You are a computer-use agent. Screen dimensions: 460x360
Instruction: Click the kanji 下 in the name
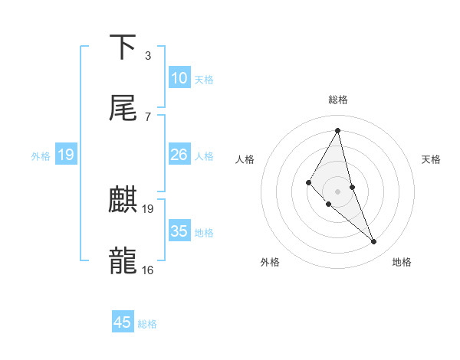(x=123, y=47)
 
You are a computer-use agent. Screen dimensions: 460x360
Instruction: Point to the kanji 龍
(x=123, y=260)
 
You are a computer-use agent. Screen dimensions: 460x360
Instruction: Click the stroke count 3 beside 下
(x=147, y=56)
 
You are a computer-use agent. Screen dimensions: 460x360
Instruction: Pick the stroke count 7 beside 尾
(x=147, y=116)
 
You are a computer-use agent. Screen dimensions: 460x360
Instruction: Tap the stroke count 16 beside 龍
(x=147, y=270)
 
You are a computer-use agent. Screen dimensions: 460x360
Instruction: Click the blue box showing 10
(x=179, y=78)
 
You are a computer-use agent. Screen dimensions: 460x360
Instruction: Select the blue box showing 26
(x=179, y=155)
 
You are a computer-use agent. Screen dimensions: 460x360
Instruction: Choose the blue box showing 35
(x=179, y=231)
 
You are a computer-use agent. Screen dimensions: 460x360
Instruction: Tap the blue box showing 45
(x=123, y=322)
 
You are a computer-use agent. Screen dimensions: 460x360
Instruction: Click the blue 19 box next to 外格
(x=66, y=155)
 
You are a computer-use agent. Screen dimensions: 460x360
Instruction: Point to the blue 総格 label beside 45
(x=147, y=324)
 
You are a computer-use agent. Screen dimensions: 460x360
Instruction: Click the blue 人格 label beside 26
(x=204, y=156)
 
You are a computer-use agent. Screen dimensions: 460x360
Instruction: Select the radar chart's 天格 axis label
(x=432, y=159)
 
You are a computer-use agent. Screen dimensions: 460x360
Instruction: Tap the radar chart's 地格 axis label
(x=402, y=262)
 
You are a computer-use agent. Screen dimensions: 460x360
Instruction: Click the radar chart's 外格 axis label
(x=270, y=262)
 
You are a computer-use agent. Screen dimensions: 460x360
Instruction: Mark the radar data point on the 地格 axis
(x=374, y=242)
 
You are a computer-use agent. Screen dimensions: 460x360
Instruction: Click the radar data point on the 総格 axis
(x=338, y=130)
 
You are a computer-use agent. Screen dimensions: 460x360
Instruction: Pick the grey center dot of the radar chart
(x=337, y=191)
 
